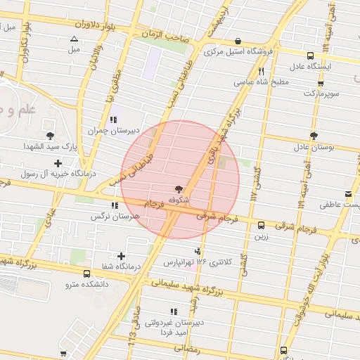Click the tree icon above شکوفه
pyautogui.click(x=180, y=188)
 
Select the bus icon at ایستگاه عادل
pyautogui.click(x=310, y=55)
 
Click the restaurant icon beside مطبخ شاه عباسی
pyautogui.click(x=261, y=71)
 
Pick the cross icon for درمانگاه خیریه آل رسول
pyautogui.click(x=58, y=163)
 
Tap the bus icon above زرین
pyautogui.click(x=262, y=226)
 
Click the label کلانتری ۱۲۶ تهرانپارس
pyautogui.click(x=189, y=262)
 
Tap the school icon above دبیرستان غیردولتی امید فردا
pyautogui.click(x=173, y=312)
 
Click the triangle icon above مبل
pyautogui.click(x=74, y=39)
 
